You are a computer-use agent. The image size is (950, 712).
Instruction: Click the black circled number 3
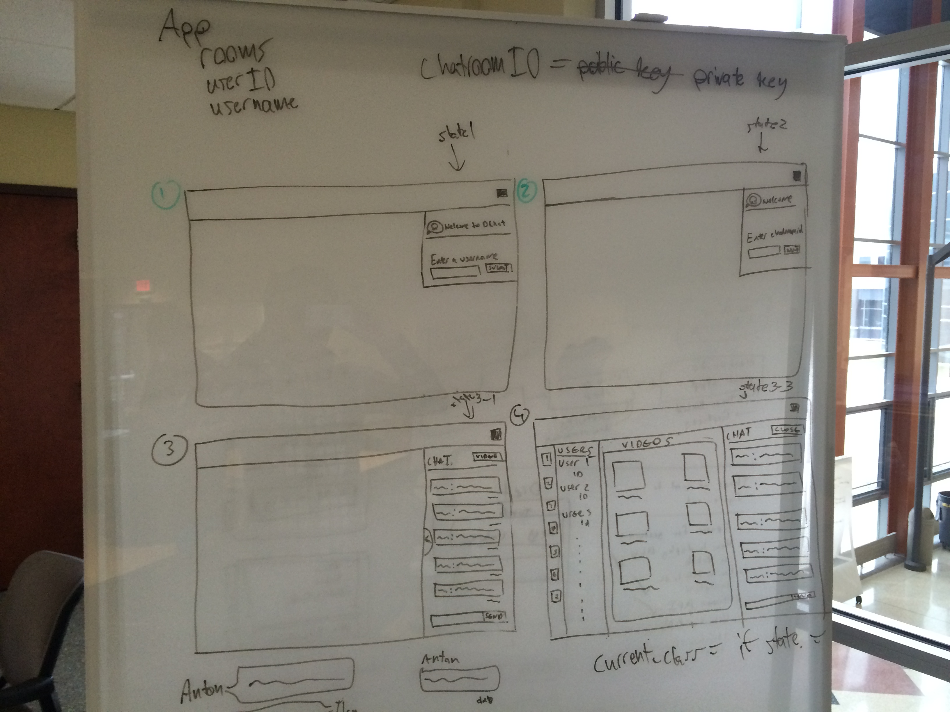(x=170, y=449)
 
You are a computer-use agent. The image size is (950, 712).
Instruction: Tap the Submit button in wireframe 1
(x=498, y=268)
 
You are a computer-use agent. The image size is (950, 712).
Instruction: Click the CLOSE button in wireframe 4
(x=787, y=430)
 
